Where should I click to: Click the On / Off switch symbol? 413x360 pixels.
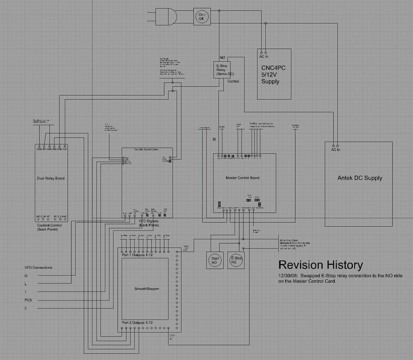point(202,17)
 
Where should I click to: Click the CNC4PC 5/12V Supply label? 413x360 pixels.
point(273,75)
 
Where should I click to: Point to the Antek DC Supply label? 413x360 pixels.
point(359,178)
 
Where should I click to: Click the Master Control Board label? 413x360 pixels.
point(242,178)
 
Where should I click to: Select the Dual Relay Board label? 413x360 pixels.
point(50,178)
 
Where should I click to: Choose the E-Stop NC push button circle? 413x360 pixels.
point(236,260)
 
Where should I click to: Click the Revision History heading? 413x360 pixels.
point(321,265)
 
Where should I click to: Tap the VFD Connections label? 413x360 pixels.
point(38,267)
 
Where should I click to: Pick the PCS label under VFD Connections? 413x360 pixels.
point(28,300)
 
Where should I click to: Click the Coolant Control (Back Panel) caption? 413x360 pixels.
point(49,227)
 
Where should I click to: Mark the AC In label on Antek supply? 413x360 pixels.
point(335,150)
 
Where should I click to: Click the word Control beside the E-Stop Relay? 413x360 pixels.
point(233,81)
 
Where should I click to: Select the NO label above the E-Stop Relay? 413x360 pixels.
point(222,58)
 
